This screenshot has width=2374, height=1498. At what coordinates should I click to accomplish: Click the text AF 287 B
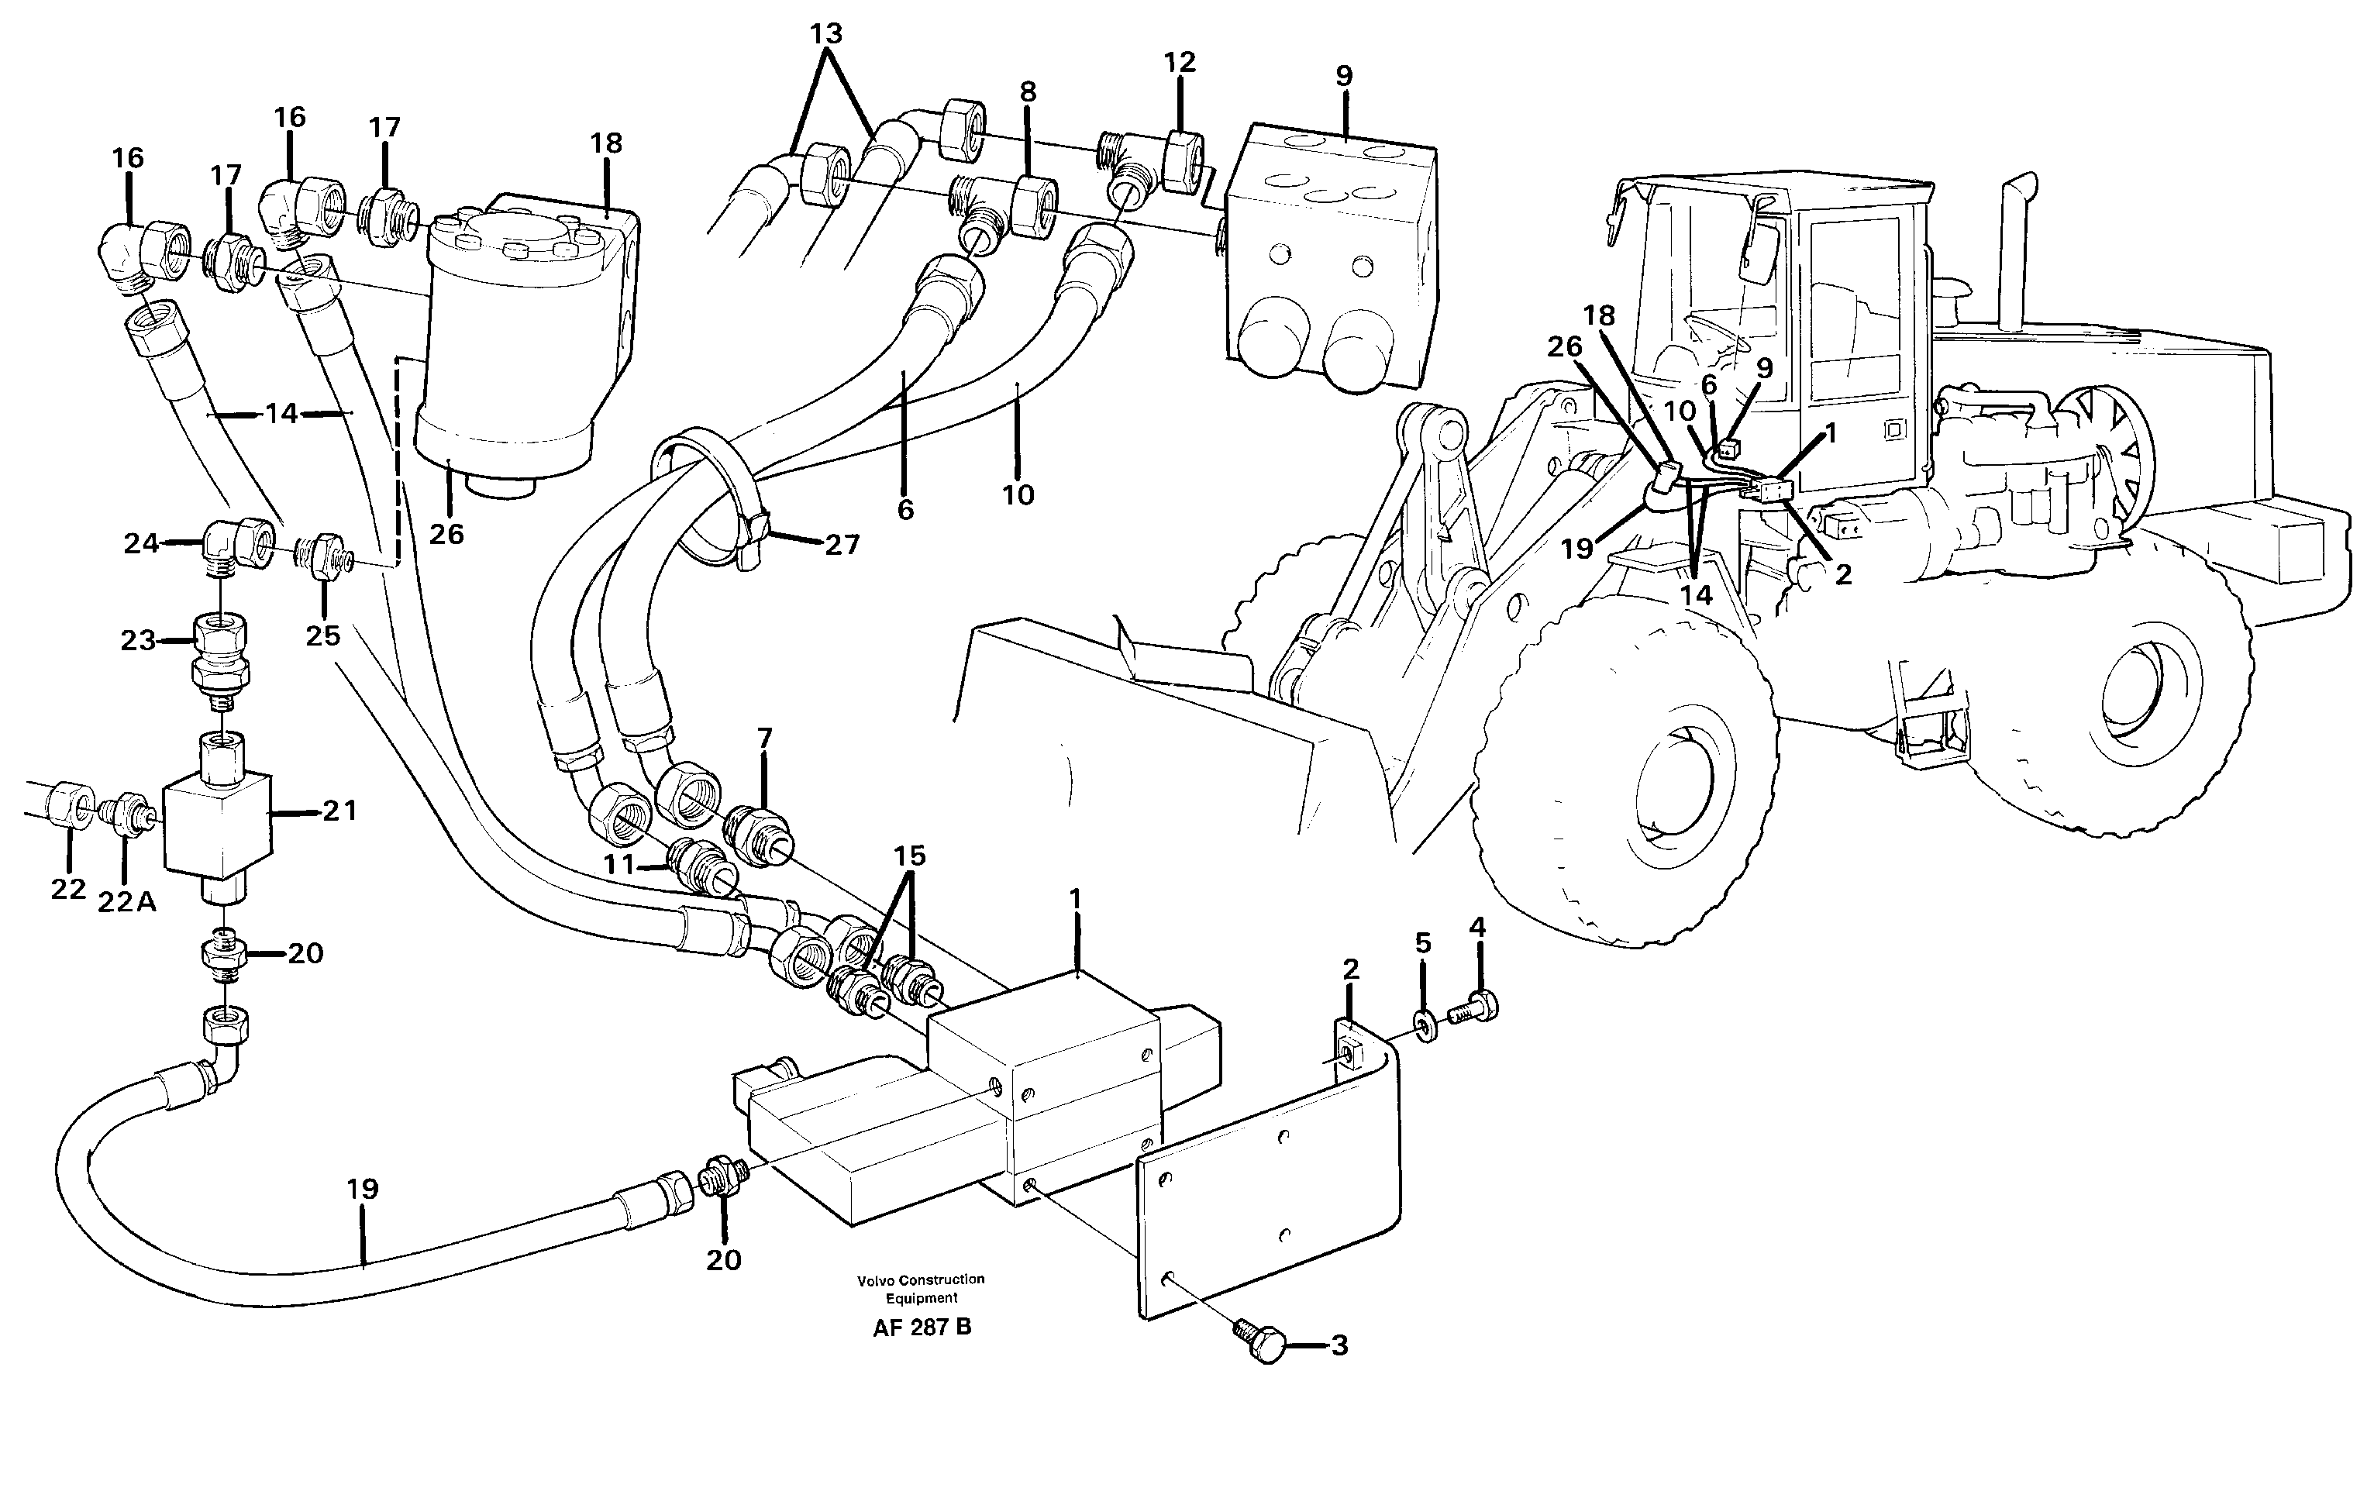click(921, 1328)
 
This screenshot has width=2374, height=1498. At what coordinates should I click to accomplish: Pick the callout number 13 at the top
click(825, 33)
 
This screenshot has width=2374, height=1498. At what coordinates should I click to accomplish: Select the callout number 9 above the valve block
click(1344, 76)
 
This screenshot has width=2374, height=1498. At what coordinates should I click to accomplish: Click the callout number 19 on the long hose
click(362, 1189)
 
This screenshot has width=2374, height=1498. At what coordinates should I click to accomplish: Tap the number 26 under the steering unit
click(446, 533)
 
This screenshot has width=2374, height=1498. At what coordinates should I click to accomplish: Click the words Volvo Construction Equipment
click(920, 1288)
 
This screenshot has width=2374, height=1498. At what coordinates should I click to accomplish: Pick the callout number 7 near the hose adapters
click(764, 739)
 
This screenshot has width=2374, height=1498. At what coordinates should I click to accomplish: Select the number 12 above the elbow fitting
click(1178, 62)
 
